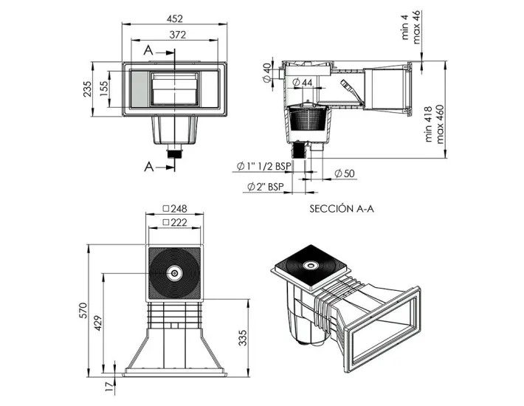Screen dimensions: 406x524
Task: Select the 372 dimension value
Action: click(x=175, y=34)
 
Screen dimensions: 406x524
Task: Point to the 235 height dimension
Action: click(x=87, y=89)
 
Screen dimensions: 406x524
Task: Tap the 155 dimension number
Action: click(x=104, y=89)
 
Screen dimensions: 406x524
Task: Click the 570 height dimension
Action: click(x=83, y=310)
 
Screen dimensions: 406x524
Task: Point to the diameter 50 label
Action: click(x=345, y=173)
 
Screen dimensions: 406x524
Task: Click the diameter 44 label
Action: click(x=304, y=82)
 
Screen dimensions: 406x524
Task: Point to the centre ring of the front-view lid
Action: click(x=175, y=273)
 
